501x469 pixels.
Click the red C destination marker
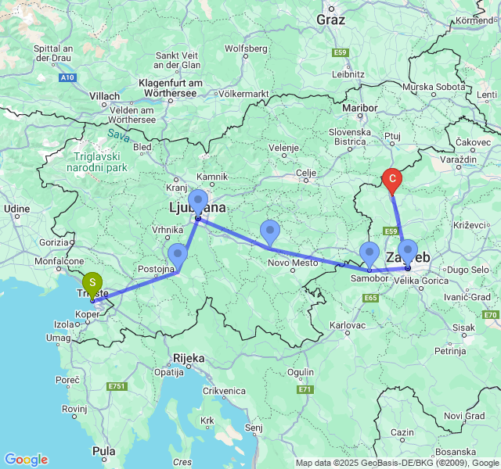click(x=392, y=181)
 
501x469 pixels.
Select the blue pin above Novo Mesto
click(x=270, y=232)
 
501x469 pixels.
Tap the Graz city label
click(x=331, y=20)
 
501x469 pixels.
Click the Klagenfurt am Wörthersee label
click(x=171, y=88)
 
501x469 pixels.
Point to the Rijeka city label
click(x=189, y=358)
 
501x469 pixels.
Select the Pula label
click(x=103, y=451)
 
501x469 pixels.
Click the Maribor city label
click(x=360, y=107)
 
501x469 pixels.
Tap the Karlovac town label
click(x=348, y=324)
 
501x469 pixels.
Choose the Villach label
click(x=105, y=96)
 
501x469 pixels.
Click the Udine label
click(x=16, y=209)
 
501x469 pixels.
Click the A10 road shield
click(x=68, y=77)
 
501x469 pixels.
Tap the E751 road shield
click(x=118, y=386)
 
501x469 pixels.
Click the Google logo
click(x=26, y=460)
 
